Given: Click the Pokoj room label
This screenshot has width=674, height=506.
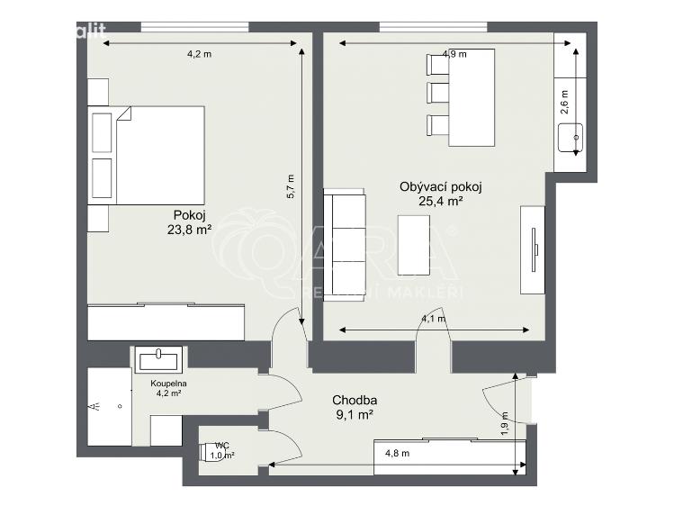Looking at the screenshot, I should pyautogui.click(x=191, y=215).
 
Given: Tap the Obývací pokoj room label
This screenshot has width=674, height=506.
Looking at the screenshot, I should pyautogui.click(x=441, y=187).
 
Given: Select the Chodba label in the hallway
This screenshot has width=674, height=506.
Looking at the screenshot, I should pyautogui.click(x=354, y=401).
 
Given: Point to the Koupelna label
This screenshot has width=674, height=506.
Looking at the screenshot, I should pyautogui.click(x=167, y=383).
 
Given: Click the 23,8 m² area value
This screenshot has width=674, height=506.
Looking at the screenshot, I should pyautogui.click(x=191, y=230).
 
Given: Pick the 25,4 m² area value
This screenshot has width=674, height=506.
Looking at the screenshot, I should pyautogui.click(x=441, y=202).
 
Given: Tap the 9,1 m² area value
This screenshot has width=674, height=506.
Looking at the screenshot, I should pyautogui.click(x=354, y=415).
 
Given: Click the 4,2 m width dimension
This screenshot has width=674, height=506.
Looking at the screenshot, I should pyautogui.click(x=200, y=54).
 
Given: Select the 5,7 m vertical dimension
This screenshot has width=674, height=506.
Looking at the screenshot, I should pyautogui.click(x=290, y=185).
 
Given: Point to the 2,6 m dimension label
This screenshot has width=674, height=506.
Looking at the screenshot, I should pyautogui.click(x=565, y=98).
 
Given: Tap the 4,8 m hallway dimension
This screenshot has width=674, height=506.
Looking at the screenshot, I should pyautogui.click(x=398, y=453).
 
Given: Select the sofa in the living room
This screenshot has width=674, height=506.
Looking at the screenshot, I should pyautogui.click(x=345, y=244).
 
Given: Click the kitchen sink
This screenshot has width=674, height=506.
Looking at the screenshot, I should pyautogui.click(x=571, y=140).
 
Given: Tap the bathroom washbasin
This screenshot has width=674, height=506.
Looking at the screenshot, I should pyautogui.click(x=159, y=359).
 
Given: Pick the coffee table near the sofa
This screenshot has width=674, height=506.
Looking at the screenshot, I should pyautogui.click(x=414, y=244).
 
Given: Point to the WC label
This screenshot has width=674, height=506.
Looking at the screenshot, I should pyautogui.click(x=220, y=445).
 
